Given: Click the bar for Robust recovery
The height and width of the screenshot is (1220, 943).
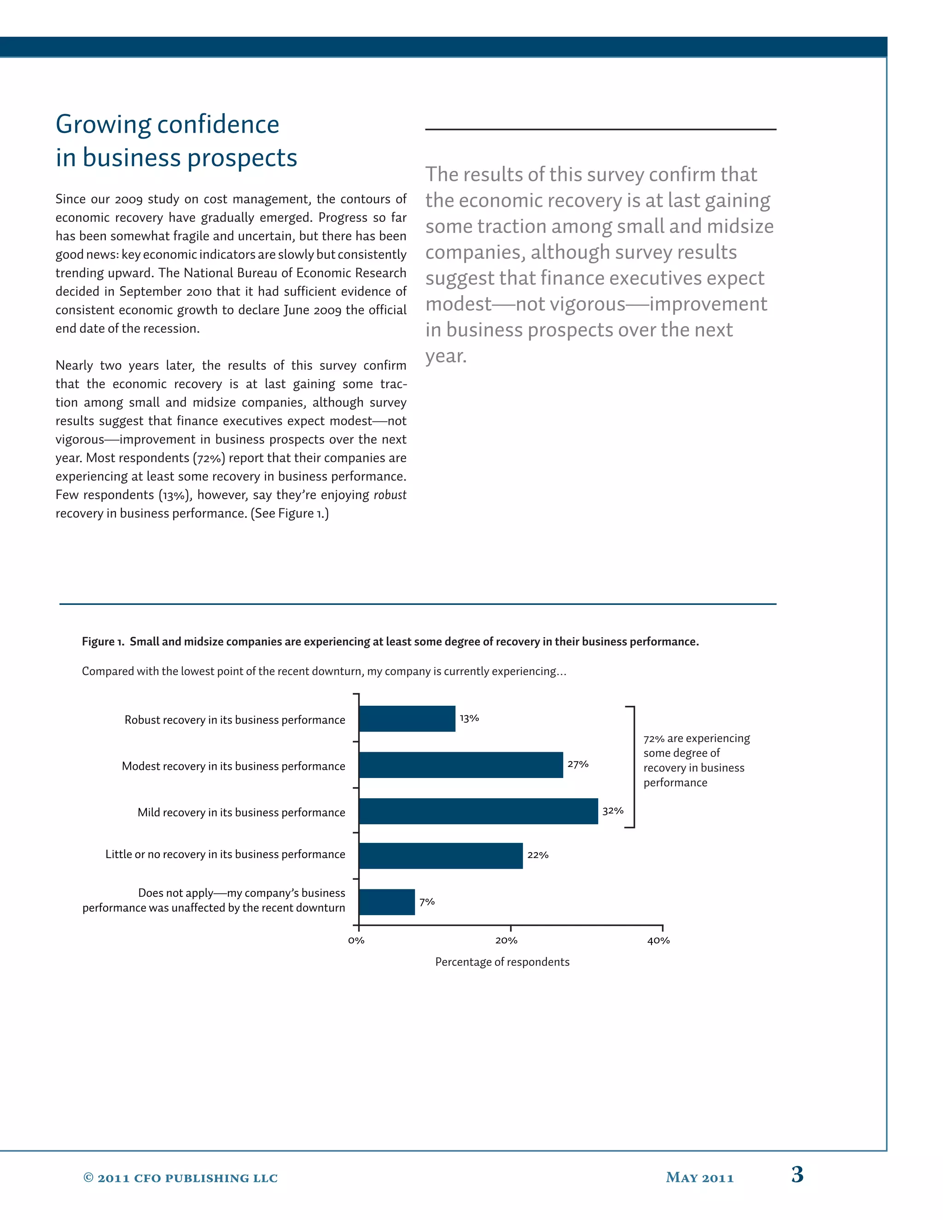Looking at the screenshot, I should pyautogui.click(x=407, y=718).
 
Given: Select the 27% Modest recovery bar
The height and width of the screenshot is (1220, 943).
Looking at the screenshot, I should pyautogui.click(x=461, y=765).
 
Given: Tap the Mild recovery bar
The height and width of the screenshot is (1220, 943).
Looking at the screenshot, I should pyautogui.click(x=478, y=811).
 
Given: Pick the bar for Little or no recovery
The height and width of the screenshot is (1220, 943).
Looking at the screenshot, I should pyautogui.click(x=441, y=856).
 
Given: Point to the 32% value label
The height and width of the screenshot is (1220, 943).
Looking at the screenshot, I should pyautogui.click(x=613, y=811).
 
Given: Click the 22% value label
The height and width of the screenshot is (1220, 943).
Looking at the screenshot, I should pyautogui.click(x=538, y=855).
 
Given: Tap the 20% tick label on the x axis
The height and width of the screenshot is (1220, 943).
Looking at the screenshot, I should pyautogui.click(x=506, y=941).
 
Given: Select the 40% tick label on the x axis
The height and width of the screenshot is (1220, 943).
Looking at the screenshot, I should pyautogui.click(x=658, y=941).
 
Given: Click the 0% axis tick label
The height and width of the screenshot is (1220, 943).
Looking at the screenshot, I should pyautogui.click(x=356, y=941).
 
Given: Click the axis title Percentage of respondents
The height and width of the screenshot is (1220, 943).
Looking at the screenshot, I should pyautogui.click(x=502, y=962).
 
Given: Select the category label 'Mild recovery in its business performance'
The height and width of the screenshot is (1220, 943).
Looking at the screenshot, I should pyautogui.click(x=241, y=812).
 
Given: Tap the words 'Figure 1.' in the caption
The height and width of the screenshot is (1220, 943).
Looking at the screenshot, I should pyautogui.click(x=103, y=642).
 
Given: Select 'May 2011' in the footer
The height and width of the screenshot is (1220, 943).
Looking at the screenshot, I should pyautogui.click(x=699, y=1178).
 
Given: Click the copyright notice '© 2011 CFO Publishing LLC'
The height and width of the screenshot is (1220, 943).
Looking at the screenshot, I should pyautogui.click(x=180, y=1178).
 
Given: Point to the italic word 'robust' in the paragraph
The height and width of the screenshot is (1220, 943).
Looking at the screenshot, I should pyautogui.click(x=390, y=495).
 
